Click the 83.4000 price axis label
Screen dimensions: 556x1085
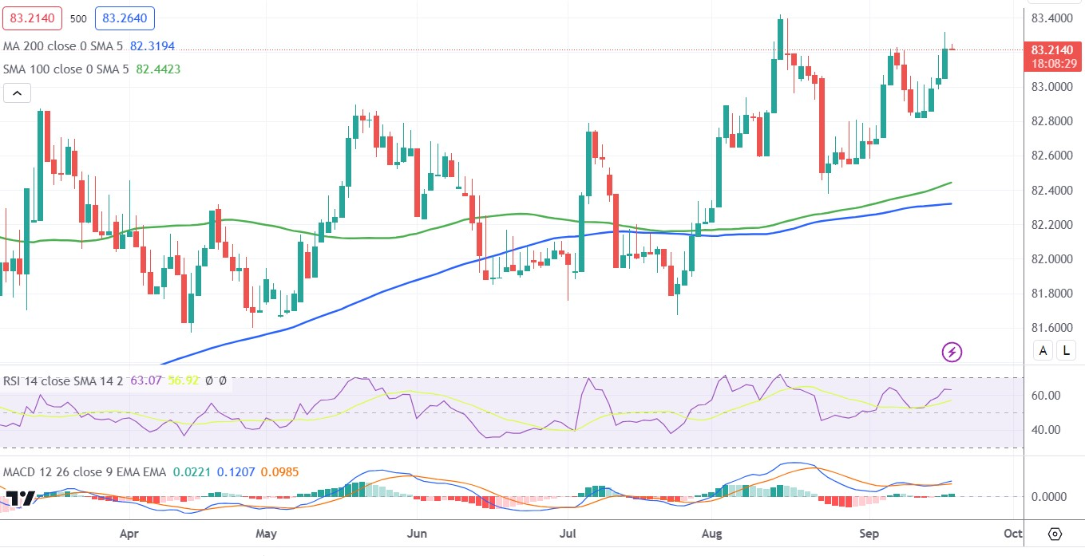pyautogui.click(x=1050, y=18)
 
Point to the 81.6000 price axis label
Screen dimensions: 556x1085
pyautogui.click(x=1050, y=328)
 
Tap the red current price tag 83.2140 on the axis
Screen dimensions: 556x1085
pyautogui.click(x=1050, y=49)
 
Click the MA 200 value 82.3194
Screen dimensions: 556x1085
pyautogui.click(x=152, y=46)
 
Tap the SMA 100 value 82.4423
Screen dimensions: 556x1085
pyautogui.click(x=158, y=69)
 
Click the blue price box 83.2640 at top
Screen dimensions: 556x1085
pyautogui.click(x=125, y=18)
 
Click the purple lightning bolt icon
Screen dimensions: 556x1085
pyautogui.click(x=951, y=351)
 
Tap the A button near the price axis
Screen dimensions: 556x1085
pyautogui.click(x=1043, y=349)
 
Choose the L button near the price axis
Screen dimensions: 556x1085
pyautogui.click(x=1067, y=349)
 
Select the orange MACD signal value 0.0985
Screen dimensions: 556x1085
pyautogui.click(x=279, y=472)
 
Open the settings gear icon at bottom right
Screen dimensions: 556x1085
pyautogui.click(x=1055, y=533)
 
